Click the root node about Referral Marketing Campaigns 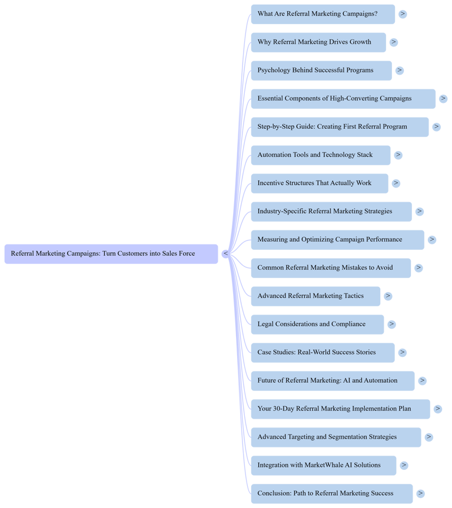click(x=111, y=253)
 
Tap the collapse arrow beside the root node click(x=225, y=253)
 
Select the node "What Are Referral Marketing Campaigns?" click(x=323, y=14)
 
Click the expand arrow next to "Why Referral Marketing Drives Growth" click(x=394, y=42)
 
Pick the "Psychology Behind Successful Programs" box click(x=321, y=71)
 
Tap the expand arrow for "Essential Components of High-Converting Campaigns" click(x=443, y=99)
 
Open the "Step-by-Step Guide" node click(x=340, y=126)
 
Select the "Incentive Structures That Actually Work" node click(x=320, y=183)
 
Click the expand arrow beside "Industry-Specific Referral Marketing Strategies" click(x=420, y=211)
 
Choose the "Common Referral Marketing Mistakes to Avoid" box click(x=331, y=268)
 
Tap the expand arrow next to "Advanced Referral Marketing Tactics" click(x=388, y=296)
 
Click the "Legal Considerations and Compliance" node click(x=317, y=324)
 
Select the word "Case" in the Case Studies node click(x=264, y=352)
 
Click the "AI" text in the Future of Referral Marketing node click(x=347, y=380)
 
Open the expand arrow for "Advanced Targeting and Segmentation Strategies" click(x=429, y=437)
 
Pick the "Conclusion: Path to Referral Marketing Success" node click(x=332, y=493)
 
